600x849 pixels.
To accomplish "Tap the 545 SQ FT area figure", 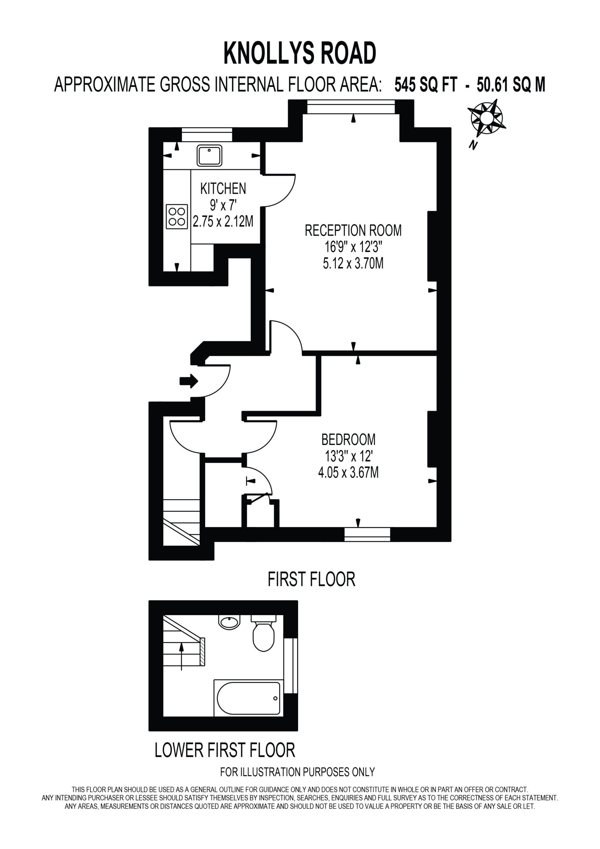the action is click(426, 85).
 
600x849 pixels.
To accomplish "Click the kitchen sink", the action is click(209, 155).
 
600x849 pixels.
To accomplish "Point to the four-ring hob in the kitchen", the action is click(177, 217).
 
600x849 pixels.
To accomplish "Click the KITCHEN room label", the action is click(223, 189).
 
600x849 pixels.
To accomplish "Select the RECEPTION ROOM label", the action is click(353, 230).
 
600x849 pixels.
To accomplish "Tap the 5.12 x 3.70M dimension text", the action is click(353, 263).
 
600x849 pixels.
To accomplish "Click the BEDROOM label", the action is click(348, 440).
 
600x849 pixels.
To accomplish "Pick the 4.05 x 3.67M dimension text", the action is click(348, 473).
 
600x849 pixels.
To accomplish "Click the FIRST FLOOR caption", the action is click(311, 579).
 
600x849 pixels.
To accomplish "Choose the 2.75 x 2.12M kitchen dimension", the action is click(223, 221).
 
